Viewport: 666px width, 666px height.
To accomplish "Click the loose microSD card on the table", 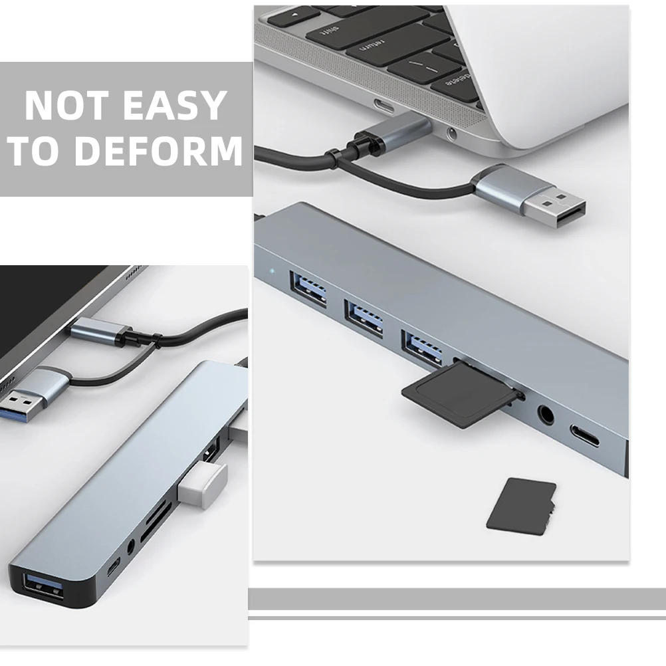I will [521, 504].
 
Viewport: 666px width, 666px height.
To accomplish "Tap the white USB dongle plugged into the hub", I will [202, 481].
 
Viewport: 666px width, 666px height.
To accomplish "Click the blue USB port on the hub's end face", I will [42, 588].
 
